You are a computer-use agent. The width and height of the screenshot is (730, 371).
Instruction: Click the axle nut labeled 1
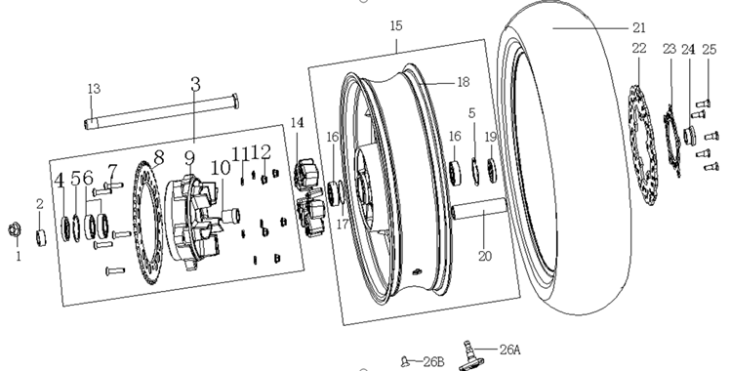14,229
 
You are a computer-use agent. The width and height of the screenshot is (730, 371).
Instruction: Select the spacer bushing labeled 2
41,237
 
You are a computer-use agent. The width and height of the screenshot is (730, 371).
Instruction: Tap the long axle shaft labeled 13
162,111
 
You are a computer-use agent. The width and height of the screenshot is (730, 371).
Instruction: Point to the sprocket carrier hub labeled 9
192,223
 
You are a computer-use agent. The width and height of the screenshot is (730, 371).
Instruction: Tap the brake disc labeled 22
644,145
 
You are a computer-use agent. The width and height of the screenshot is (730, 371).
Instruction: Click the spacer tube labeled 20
478,208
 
